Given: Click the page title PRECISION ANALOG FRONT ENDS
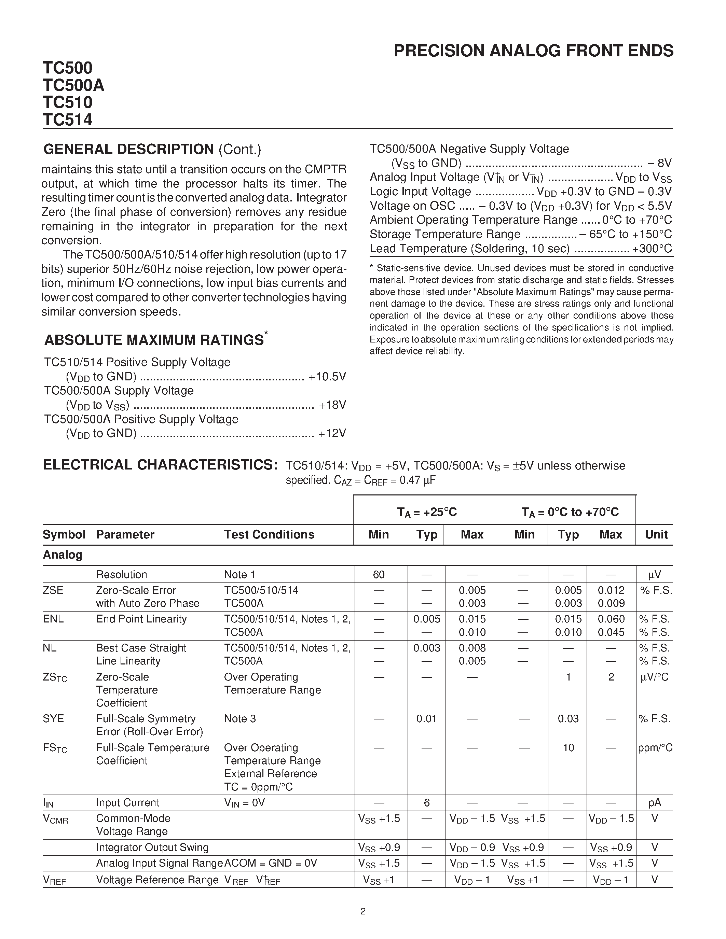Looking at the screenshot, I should pyautogui.click(x=533, y=51).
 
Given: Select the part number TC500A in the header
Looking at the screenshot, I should pyautogui.click(x=73, y=85).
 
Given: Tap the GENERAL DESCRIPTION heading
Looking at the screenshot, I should pyautogui.click(x=129, y=149).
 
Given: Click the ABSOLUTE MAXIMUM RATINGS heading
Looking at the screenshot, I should pyautogui.click(x=154, y=340).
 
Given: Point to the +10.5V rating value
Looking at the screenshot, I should pyautogui.click(x=327, y=377).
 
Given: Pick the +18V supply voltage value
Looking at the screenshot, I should pyautogui.click(x=332, y=405).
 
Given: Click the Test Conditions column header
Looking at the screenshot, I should pyautogui.click(x=269, y=534).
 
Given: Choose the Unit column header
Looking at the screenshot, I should pyautogui.click(x=656, y=534).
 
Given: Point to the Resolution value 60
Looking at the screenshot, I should pyautogui.click(x=379, y=574).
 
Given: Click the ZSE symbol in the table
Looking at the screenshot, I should pyautogui.click(x=53, y=590).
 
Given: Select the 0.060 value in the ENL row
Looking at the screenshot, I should pyautogui.click(x=611, y=619).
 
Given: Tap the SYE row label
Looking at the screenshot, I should pyautogui.click(x=53, y=719).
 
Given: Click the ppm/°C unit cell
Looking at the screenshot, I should pyautogui.click(x=655, y=748).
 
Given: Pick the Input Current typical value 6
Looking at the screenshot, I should pyautogui.click(x=427, y=803).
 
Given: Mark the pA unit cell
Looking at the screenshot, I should pyautogui.click(x=655, y=803).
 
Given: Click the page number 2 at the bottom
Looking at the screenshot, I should pyautogui.click(x=362, y=911).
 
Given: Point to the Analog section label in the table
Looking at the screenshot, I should pyautogui.click(x=63, y=555).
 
